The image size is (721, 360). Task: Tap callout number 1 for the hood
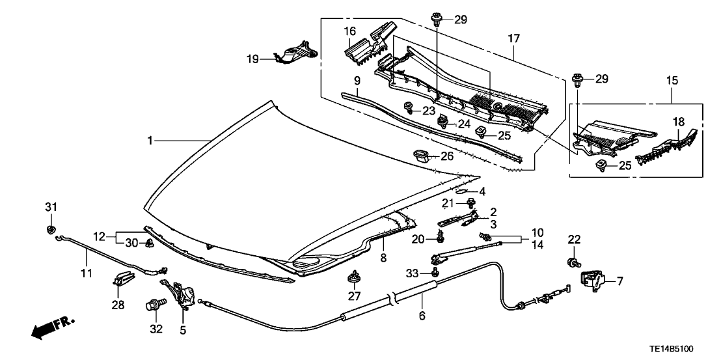(151, 140)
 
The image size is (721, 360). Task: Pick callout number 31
(51, 207)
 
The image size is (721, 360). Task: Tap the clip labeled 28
(120, 279)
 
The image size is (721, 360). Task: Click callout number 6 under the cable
(422, 316)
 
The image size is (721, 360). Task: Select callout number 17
(513, 40)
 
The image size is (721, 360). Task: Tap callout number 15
(672, 81)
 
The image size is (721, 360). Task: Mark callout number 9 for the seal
(357, 81)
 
